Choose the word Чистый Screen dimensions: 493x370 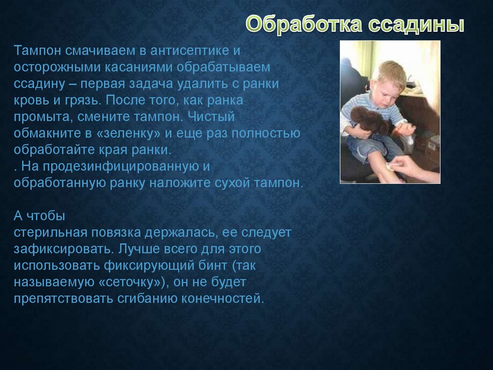[211, 116]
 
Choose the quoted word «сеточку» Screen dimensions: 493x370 [132, 282]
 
